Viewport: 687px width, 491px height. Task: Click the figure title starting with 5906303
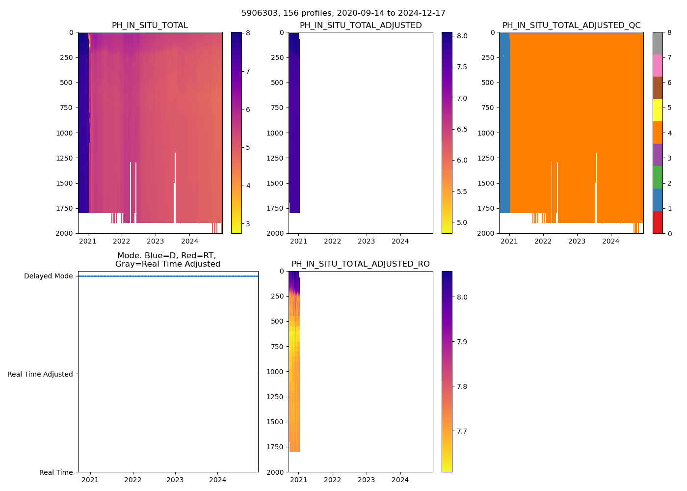tap(343, 13)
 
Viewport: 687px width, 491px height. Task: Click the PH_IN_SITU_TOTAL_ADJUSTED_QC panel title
tap(571, 26)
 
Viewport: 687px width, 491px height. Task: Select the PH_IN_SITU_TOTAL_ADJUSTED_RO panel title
tap(360, 264)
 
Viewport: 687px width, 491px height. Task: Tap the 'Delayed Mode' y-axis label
tap(48, 276)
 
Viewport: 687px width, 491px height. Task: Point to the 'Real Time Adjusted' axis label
tap(40, 374)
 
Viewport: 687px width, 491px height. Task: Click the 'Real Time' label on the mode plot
tap(56, 472)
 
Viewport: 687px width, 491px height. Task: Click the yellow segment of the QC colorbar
tap(658, 110)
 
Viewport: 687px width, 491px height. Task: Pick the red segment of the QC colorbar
tap(658, 222)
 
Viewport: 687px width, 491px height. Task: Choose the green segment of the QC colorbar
tap(658, 177)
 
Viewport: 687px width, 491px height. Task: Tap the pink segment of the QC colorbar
tap(658, 65)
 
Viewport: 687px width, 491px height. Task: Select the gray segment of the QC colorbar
tap(658, 43)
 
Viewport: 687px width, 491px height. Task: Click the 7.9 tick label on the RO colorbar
tap(462, 342)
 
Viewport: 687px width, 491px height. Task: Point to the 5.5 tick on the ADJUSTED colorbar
tap(462, 191)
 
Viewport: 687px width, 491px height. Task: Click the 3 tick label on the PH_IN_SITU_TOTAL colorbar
tap(248, 224)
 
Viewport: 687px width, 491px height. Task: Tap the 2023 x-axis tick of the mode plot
tap(175, 480)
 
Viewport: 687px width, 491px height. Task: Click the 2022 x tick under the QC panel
tap(543, 241)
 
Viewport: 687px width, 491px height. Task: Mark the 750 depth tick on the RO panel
tap(277, 347)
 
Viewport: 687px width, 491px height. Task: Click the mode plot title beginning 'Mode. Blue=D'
tap(167, 260)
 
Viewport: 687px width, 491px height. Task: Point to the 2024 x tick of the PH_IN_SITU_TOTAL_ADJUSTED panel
tap(400, 241)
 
